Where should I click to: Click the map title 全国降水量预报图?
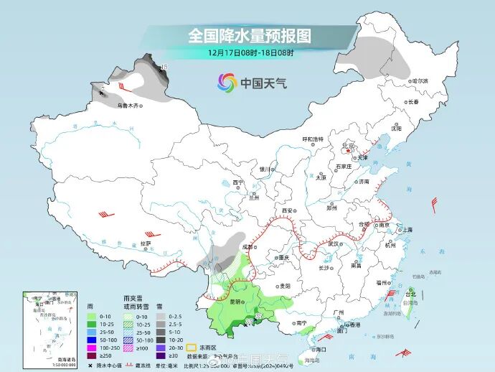tap(250, 35)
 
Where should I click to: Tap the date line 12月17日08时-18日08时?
tap(250, 52)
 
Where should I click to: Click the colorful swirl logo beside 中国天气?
tap(227, 83)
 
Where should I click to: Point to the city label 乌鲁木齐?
tap(126, 106)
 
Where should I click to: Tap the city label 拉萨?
tap(146, 243)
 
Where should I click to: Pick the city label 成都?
tap(247, 246)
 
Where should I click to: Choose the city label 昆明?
tap(236, 302)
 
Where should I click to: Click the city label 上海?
tap(407, 229)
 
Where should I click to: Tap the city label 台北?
tap(411, 294)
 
